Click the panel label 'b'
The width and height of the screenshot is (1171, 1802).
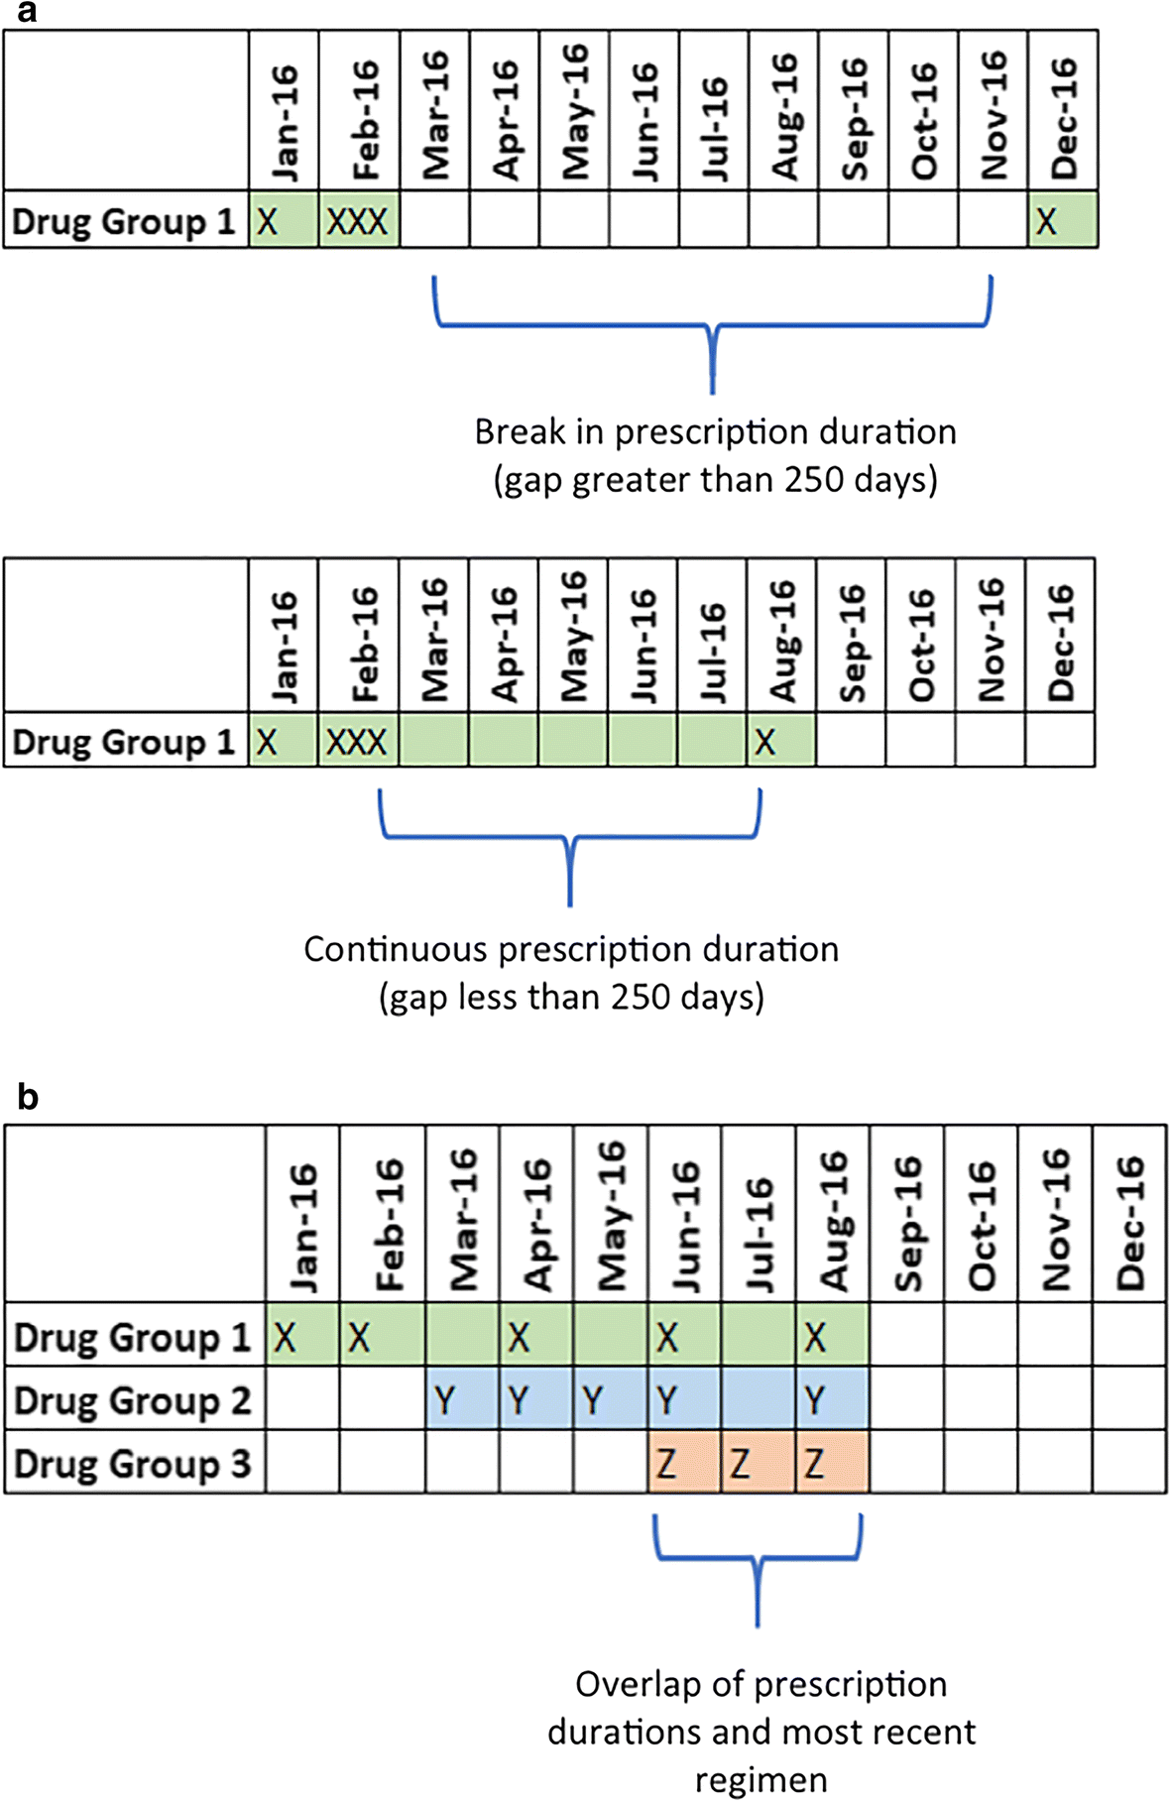click(x=28, y=1097)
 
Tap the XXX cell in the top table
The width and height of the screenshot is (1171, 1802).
click(x=358, y=220)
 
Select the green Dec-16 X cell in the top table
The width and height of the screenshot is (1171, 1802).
click(x=1063, y=220)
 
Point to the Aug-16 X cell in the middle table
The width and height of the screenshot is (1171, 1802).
click(x=780, y=741)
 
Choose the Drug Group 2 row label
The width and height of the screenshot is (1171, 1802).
click(x=133, y=1399)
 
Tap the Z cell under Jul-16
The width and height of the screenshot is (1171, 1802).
click(x=759, y=1463)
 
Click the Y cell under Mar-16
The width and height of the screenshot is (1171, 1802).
click(x=462, y=1399)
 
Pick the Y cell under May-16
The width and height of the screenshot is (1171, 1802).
click(x=611, y=1399)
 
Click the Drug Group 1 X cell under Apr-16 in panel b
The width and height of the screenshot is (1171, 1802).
click(x=536, y=1337)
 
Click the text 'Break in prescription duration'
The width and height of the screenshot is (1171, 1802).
click(x=715, y=432)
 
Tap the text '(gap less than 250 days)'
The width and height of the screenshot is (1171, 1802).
click(x=571, y=997)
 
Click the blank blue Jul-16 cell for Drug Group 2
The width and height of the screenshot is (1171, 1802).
click(x=759, y=1399)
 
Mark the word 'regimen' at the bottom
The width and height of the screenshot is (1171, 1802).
click(x=761, y=1779)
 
